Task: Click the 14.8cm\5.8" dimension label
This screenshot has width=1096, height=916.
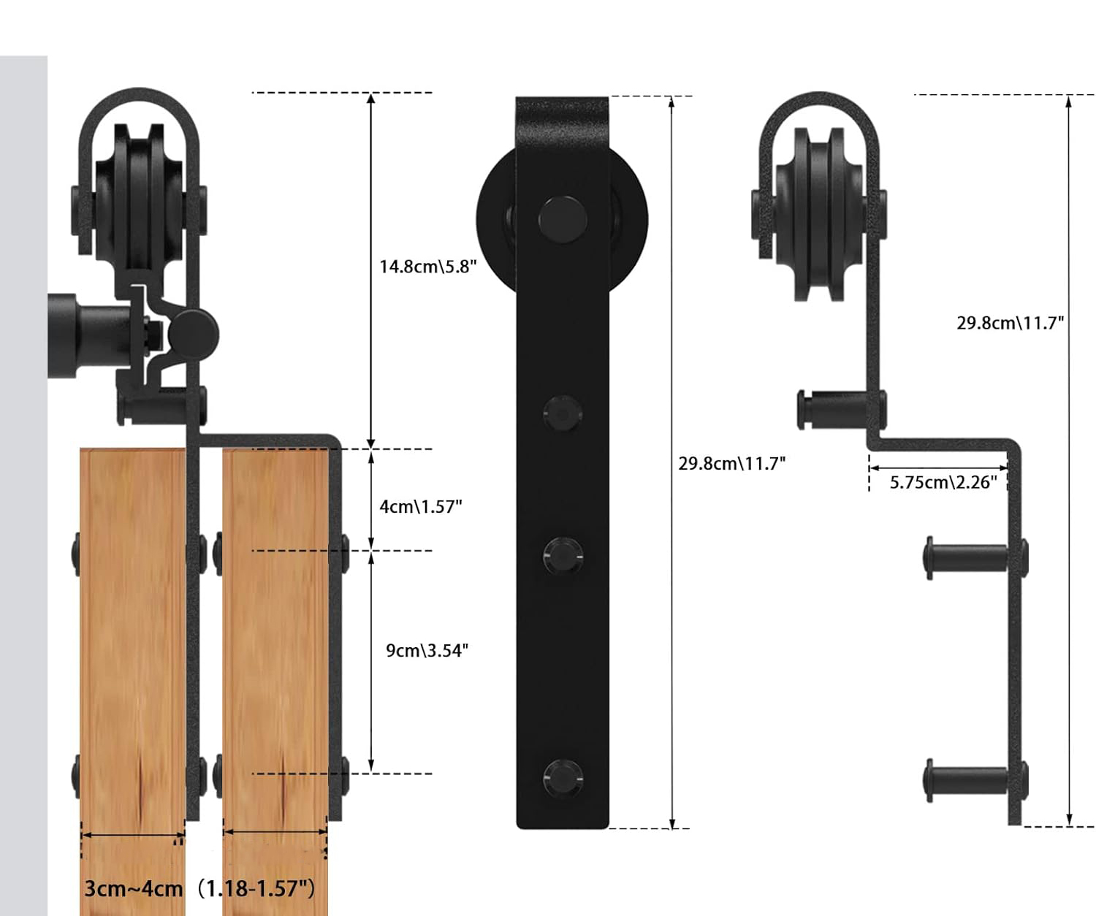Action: pos(427,267)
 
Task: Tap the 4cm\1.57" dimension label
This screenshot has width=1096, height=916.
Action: pos(421,506)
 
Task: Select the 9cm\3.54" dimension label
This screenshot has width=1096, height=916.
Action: pos(427,650)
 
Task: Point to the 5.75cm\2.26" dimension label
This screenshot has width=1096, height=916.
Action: pos(943,482)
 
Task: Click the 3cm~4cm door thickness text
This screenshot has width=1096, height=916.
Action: pos(134,889)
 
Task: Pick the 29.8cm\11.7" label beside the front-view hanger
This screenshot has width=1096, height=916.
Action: pos(731,464)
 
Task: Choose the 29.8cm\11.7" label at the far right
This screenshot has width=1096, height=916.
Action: pos(1010,323)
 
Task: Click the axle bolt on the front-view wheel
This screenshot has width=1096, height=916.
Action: pos(563,219)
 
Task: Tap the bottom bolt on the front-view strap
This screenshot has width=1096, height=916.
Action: pos(563,779)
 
